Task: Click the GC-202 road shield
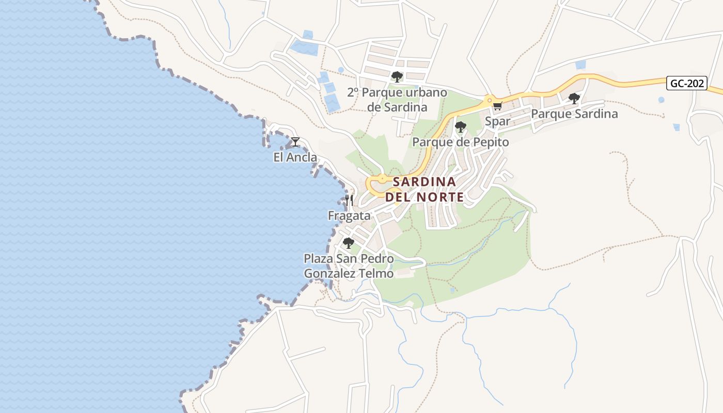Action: tap(686, 83)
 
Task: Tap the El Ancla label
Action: tap(295, 157)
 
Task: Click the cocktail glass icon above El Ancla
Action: tap(295, 141)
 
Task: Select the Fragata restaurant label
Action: tap(349, 216)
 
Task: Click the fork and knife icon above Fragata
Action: tap(349, 200)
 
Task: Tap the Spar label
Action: tap(498, 121)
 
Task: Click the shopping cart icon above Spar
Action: tap(497, 106)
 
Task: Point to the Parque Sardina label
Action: tap(574, 114)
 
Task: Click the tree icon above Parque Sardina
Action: tap(574, 98)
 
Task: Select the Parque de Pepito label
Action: tap(461, 142)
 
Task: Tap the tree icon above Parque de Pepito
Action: tap(460, 126)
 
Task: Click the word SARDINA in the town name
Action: tap(425, 182)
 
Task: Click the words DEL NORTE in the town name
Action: tap(425, 197)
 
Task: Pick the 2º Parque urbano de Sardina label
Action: tap(397, 100)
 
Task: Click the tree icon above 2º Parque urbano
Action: tap(397, 77)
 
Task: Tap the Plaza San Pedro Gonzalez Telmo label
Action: tap(349, 265)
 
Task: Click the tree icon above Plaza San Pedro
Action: tap(349, 243)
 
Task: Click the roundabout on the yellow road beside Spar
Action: tap(488, 100)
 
